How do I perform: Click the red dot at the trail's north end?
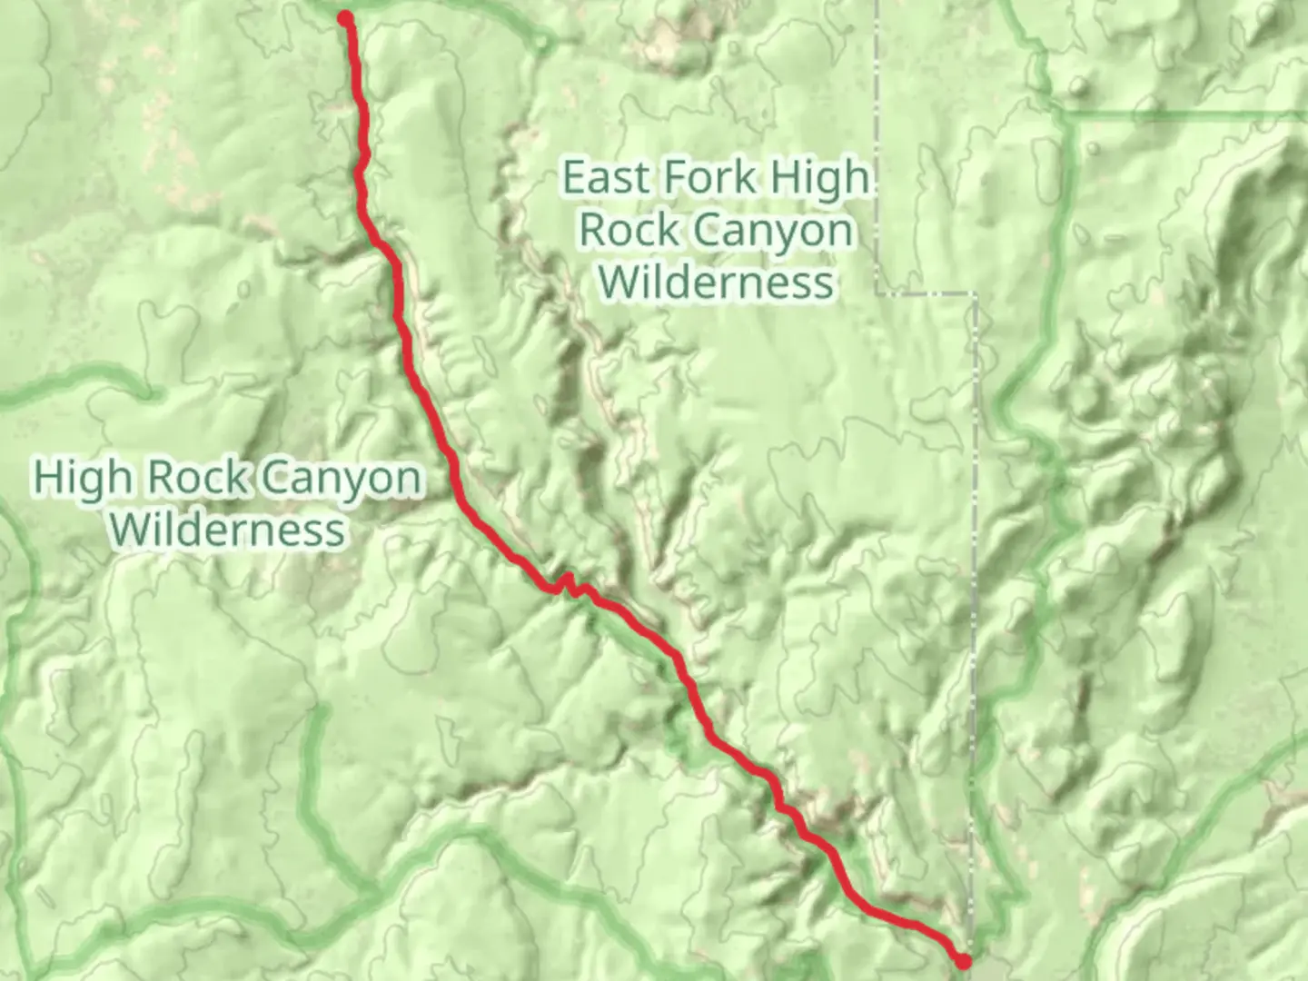(345, 18)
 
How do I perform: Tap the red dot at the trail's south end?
(964, 960)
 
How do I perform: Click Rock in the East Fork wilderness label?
(623, 230)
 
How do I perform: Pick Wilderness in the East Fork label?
(717, 282)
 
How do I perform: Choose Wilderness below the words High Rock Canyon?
(231, 530)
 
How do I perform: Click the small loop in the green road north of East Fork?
(542, 42)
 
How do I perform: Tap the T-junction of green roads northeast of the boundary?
(1065, 114)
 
